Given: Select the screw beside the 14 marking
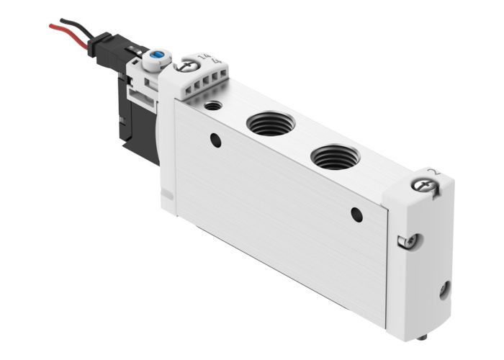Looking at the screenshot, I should tap(188, 66).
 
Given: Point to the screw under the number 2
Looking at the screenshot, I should tap(421, 186).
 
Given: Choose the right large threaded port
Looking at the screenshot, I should tap(336, 156).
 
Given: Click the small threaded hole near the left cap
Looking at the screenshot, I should tap(212, 106).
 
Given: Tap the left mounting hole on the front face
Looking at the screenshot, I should tap(215, 140).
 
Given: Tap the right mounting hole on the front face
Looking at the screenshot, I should tap(356, 214).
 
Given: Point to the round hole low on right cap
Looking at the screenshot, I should tap(445, 291).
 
